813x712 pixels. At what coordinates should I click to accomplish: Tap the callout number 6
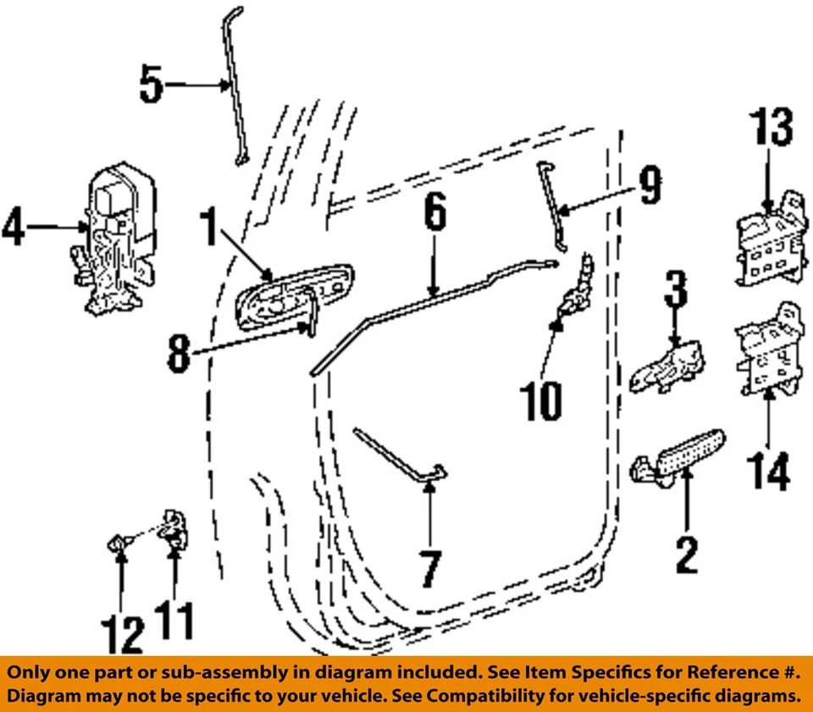tap(434, 212)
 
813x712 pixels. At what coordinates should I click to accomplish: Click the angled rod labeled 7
tap(398, 458)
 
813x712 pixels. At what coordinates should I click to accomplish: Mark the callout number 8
tap(179, 355)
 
